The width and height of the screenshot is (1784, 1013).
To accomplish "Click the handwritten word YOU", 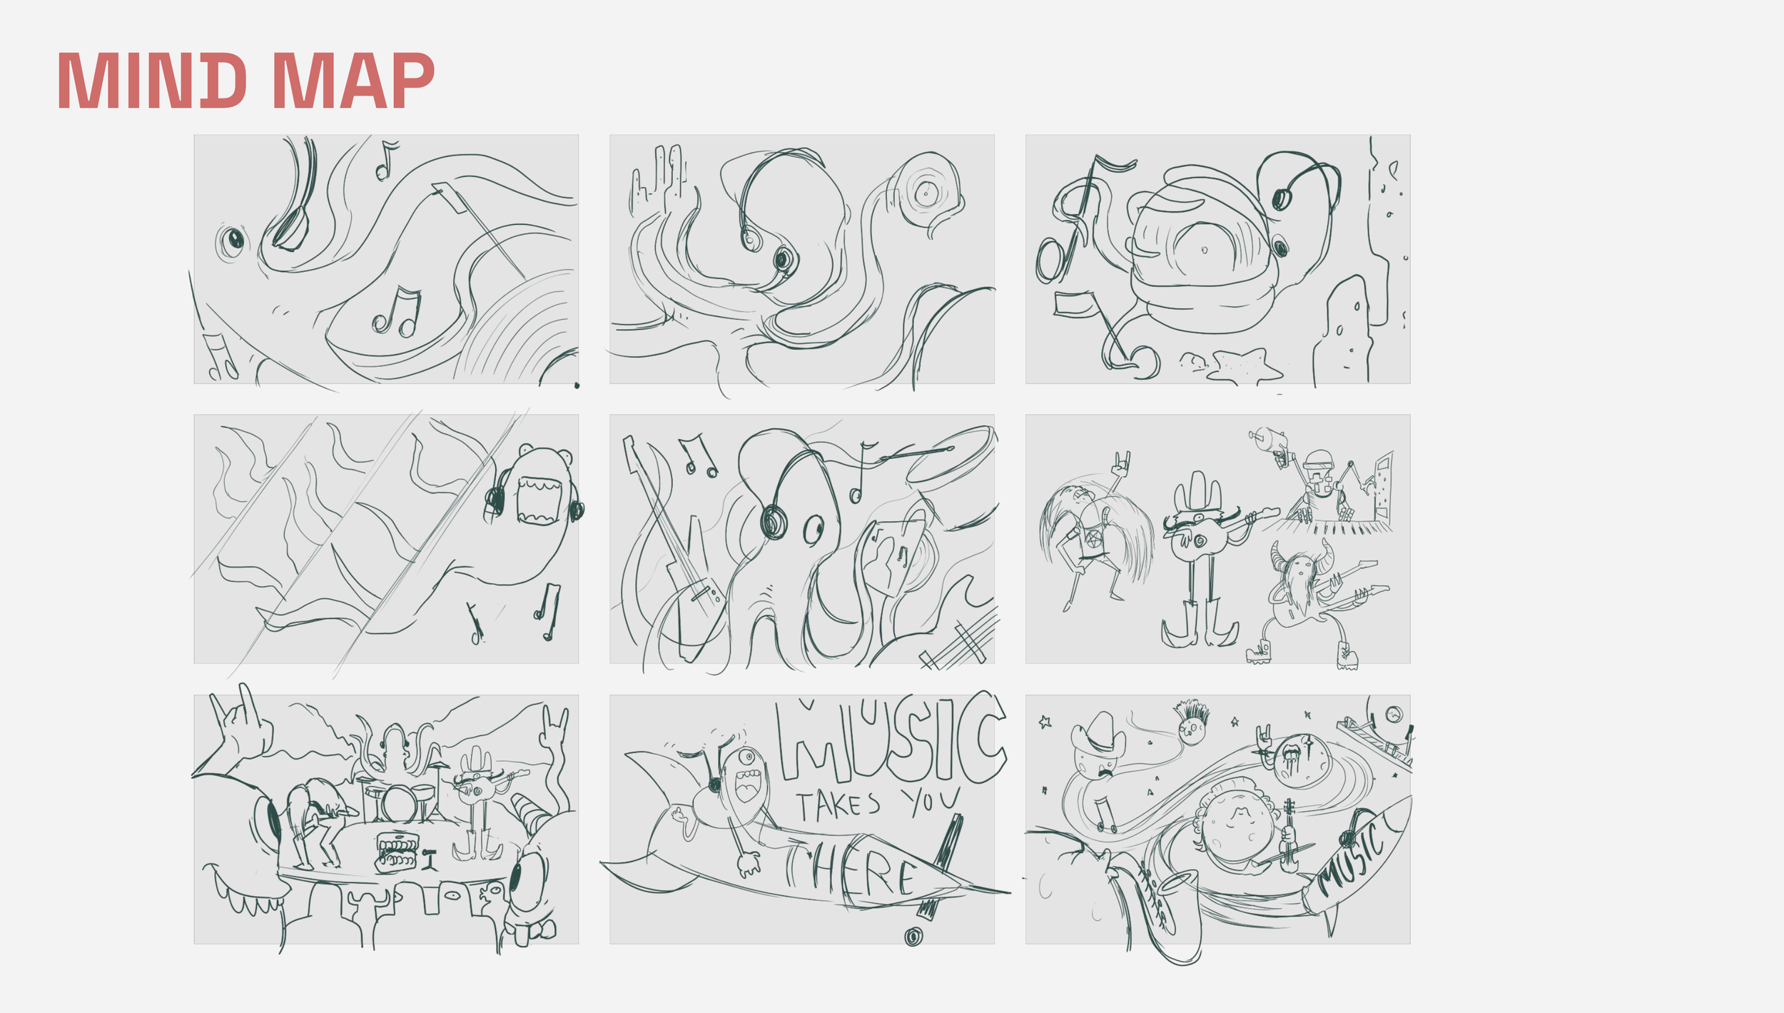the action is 930,801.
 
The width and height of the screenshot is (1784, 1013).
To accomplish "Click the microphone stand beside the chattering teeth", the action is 429,860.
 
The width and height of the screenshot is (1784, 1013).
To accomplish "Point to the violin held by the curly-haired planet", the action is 1288,835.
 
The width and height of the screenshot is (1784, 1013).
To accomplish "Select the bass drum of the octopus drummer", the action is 397,804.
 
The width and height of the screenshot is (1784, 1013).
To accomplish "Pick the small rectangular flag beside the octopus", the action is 1074,303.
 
